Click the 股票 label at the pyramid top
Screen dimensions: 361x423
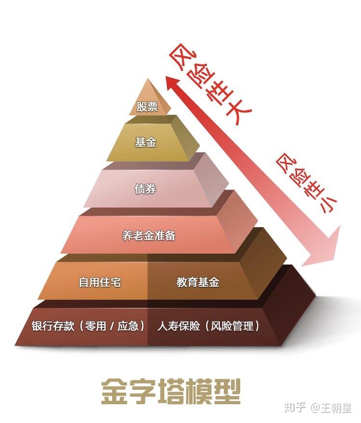(x=147, y=106)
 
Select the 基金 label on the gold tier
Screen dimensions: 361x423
(x=146, y=142)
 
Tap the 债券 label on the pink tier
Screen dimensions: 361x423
(x=145, y=189)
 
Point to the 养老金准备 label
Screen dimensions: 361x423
(x=149, y=235)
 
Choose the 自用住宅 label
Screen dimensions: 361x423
(x=100, y=282)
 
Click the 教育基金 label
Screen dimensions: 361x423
(x=198, y=282)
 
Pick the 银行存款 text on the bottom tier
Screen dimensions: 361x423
(x=53, y=326)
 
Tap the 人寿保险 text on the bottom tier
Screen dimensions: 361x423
(x=179, y=326)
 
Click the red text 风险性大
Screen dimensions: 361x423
(x=210, y=84)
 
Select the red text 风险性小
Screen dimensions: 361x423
(x=307, y=183)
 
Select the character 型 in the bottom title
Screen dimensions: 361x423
(x=227, y=391)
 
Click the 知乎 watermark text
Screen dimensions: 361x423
(x=295, y=407)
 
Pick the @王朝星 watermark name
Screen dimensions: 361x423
(x=331, y=408)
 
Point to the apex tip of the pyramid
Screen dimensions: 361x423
(x=148, y=78)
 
